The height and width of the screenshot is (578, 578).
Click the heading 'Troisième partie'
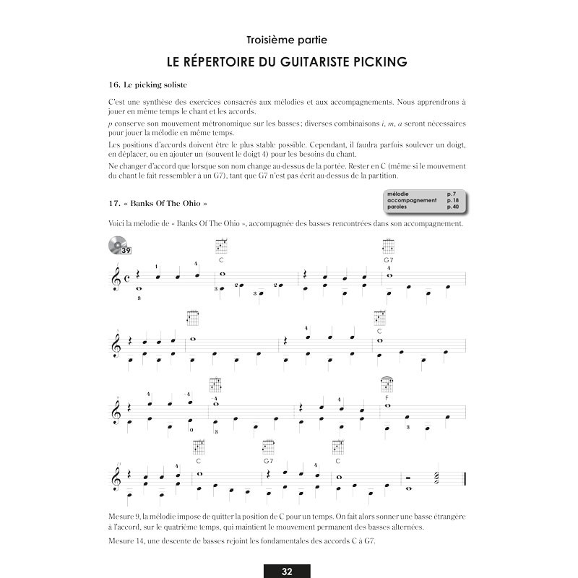[288, 39]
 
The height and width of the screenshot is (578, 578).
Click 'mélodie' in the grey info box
[398, 194]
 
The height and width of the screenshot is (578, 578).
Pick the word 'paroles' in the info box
[397, 207]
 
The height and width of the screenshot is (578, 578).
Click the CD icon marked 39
[119, 246]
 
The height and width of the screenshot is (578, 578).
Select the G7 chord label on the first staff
[389, 259]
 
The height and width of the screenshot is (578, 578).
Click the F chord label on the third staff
[387, 397]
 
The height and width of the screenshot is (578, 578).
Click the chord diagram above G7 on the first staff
[389, 246]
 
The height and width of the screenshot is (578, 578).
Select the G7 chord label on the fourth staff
[269, 460]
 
